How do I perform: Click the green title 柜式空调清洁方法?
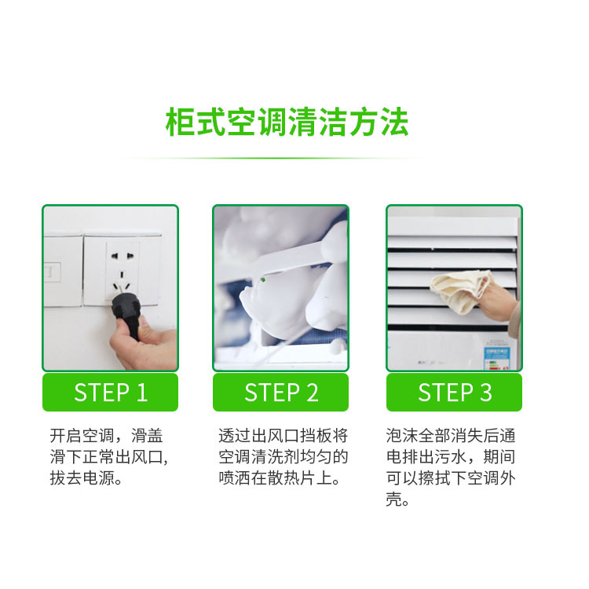[x=287, y=123]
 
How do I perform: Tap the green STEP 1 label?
[x=110, y=392]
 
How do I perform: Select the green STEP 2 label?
[x=280, y=392]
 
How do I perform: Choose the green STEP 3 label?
[x=454, y=392]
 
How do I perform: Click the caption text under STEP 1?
[x=109, y=457]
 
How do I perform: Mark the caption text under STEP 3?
[x=451, y=467]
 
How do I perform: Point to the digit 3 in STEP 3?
[x=485, y=392]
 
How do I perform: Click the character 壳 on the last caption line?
[x=395, y=499]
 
